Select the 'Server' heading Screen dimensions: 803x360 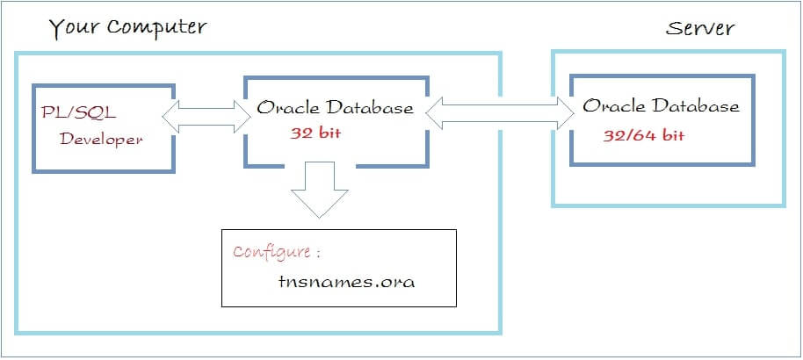[700, 27]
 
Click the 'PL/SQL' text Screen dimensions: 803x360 [79, 112]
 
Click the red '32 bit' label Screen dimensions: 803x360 [315, 133]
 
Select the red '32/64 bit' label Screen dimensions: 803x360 [644, 136]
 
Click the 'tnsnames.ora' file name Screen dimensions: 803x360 [347, 282]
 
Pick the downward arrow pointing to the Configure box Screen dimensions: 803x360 [320, 190]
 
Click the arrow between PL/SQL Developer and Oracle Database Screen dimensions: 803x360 [206, 117]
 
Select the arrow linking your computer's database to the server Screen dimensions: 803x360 [500, 112]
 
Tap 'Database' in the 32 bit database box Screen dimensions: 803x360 [370, 107]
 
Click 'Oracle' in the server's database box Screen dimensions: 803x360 [613, 106]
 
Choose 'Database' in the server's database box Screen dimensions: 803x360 [696, 106]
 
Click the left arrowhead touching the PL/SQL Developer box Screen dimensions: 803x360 [171, 117]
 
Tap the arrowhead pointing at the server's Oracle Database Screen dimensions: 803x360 [566, 112]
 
